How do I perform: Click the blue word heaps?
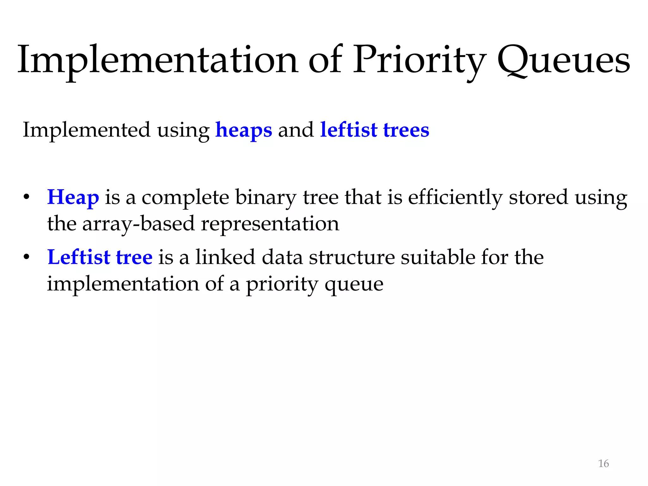click(x=244, y=130)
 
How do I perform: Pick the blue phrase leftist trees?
click(x=375, y=130)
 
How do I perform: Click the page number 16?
click(x=603, y=464)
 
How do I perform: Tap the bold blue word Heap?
click(x=73, y=197)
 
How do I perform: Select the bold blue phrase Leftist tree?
click(x=100, y=257)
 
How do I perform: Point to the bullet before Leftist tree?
click(x=27, y=257)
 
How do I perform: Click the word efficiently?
click(x=455, y=197)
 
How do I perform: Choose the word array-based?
click(x=138, y=224)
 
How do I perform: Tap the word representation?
click(x=270, y=224)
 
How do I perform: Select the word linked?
click(x=225, y=257)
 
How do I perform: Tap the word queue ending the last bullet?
click(x=354, y=284)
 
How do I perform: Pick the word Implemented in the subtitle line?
click(x=86, y=130)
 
